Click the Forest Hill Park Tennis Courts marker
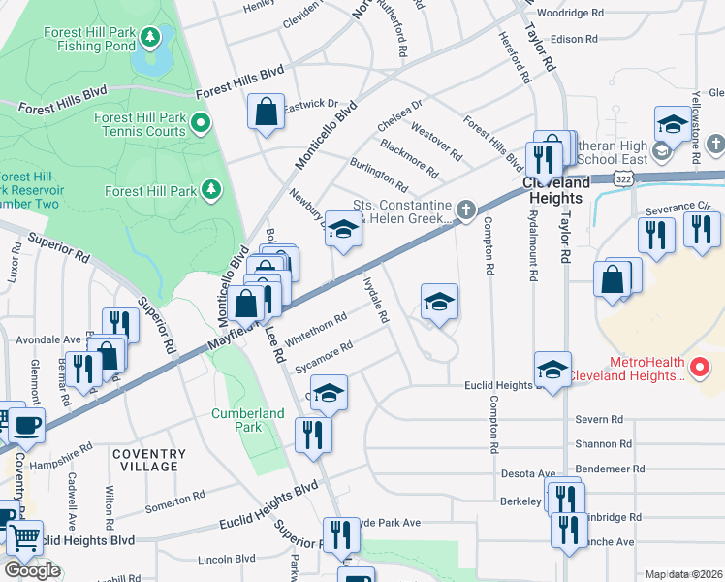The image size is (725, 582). (201, 123)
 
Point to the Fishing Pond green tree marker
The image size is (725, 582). (150, 38)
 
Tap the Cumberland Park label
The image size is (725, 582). (248, 420)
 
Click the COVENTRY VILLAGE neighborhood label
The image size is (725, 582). (148, 460)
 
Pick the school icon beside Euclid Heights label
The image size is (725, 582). (552, 371)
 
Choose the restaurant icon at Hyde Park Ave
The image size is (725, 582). (341, 534)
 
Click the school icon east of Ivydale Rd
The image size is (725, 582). (439, 303)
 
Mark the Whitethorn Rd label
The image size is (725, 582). (316, 327)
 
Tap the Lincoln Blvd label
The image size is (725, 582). (226, 559)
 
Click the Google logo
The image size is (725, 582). (32, 570)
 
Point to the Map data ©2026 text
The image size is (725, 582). (683, 574)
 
